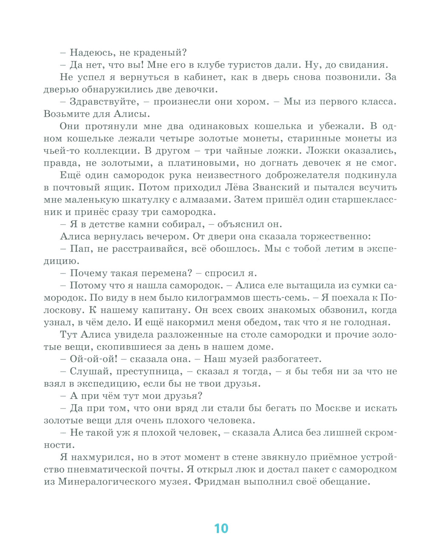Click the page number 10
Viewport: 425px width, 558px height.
click(221, 528)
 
